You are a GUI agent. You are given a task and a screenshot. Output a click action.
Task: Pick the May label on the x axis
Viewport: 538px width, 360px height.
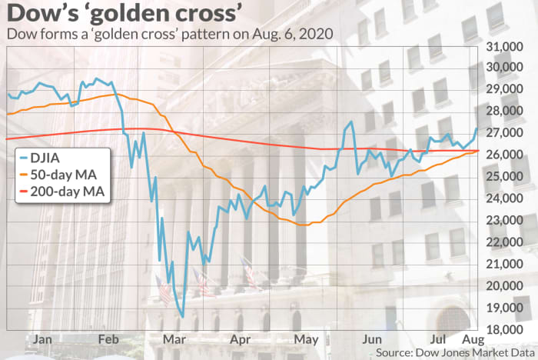(311, 338)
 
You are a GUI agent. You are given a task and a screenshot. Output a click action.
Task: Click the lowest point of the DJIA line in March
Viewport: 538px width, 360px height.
(183, 316)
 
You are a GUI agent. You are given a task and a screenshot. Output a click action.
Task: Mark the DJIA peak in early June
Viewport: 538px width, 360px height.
(351, 122)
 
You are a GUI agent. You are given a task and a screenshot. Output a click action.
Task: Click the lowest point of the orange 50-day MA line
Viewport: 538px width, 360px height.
(304, 225)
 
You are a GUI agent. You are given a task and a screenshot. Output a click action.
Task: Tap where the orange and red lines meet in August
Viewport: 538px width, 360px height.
(477, 151)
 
